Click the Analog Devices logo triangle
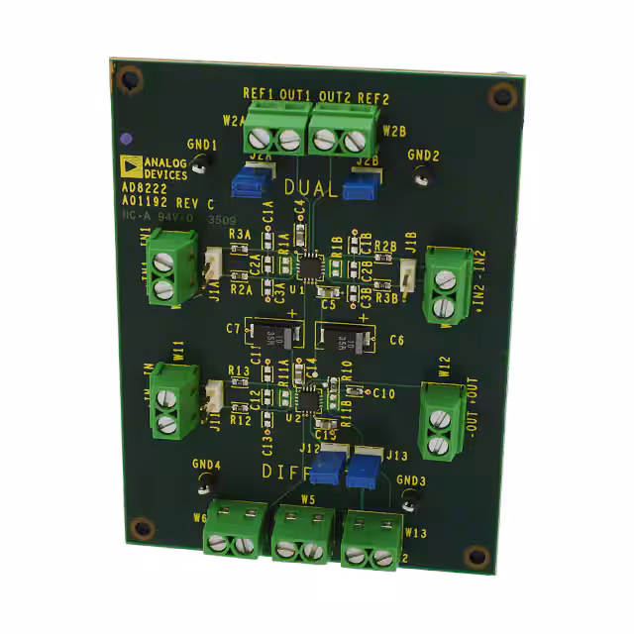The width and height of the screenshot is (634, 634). pos(129,164)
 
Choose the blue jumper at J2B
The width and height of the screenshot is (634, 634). pos(358,185)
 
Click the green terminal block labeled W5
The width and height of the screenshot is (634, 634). pos(301,534)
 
